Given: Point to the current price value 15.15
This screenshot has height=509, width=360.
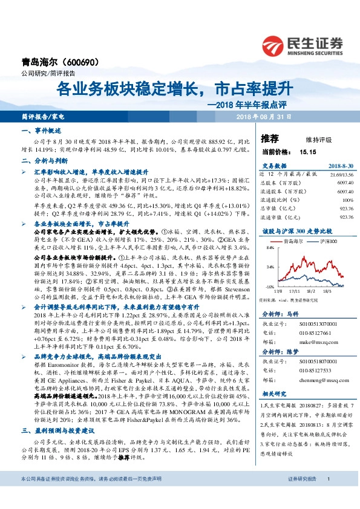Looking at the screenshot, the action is point(307,152).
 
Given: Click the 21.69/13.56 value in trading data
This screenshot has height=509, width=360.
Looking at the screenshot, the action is point(342,173).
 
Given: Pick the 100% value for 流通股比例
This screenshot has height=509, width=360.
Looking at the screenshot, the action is point(347,199).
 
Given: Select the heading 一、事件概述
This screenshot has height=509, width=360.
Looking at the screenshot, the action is point(37,131).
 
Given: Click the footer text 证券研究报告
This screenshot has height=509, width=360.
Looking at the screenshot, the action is point(303,496).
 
